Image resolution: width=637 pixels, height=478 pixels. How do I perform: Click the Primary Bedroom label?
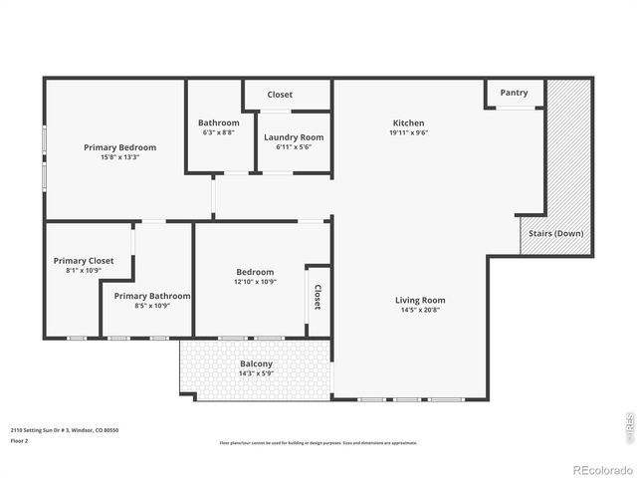pos(120,147)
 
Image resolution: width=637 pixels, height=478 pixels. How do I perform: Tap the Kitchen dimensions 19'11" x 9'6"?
pos(408,132)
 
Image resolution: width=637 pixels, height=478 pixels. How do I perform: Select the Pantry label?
pos(514,93)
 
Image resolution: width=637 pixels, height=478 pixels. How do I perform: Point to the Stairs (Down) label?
pos(555,234)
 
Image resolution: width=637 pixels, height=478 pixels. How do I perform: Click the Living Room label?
pos(420,300)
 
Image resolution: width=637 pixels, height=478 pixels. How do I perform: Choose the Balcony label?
pos(256,363)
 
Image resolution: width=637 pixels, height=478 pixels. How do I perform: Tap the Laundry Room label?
pos(294,137)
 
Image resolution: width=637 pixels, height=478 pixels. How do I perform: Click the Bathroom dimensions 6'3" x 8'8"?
pos(219,132)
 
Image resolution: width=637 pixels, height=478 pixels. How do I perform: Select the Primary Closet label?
pos(84,261)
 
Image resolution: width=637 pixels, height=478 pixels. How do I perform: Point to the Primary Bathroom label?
pos(152,296)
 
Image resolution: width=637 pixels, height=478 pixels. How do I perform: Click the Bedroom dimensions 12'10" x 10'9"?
pos(255,282)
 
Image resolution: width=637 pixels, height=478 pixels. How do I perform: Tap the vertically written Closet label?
pos(318,297)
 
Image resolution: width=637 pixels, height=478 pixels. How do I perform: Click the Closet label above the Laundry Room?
pos(280,95)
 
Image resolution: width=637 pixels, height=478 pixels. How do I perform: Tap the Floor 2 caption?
pos(20,440)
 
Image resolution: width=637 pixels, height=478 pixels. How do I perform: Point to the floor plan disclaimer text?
pos(318,443)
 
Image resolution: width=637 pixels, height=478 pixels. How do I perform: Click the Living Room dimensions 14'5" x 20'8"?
pos(420,310)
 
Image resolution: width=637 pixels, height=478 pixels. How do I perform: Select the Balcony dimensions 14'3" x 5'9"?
pos(256,373)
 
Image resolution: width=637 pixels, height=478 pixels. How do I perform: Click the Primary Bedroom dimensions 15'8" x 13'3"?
pos(120,157)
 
